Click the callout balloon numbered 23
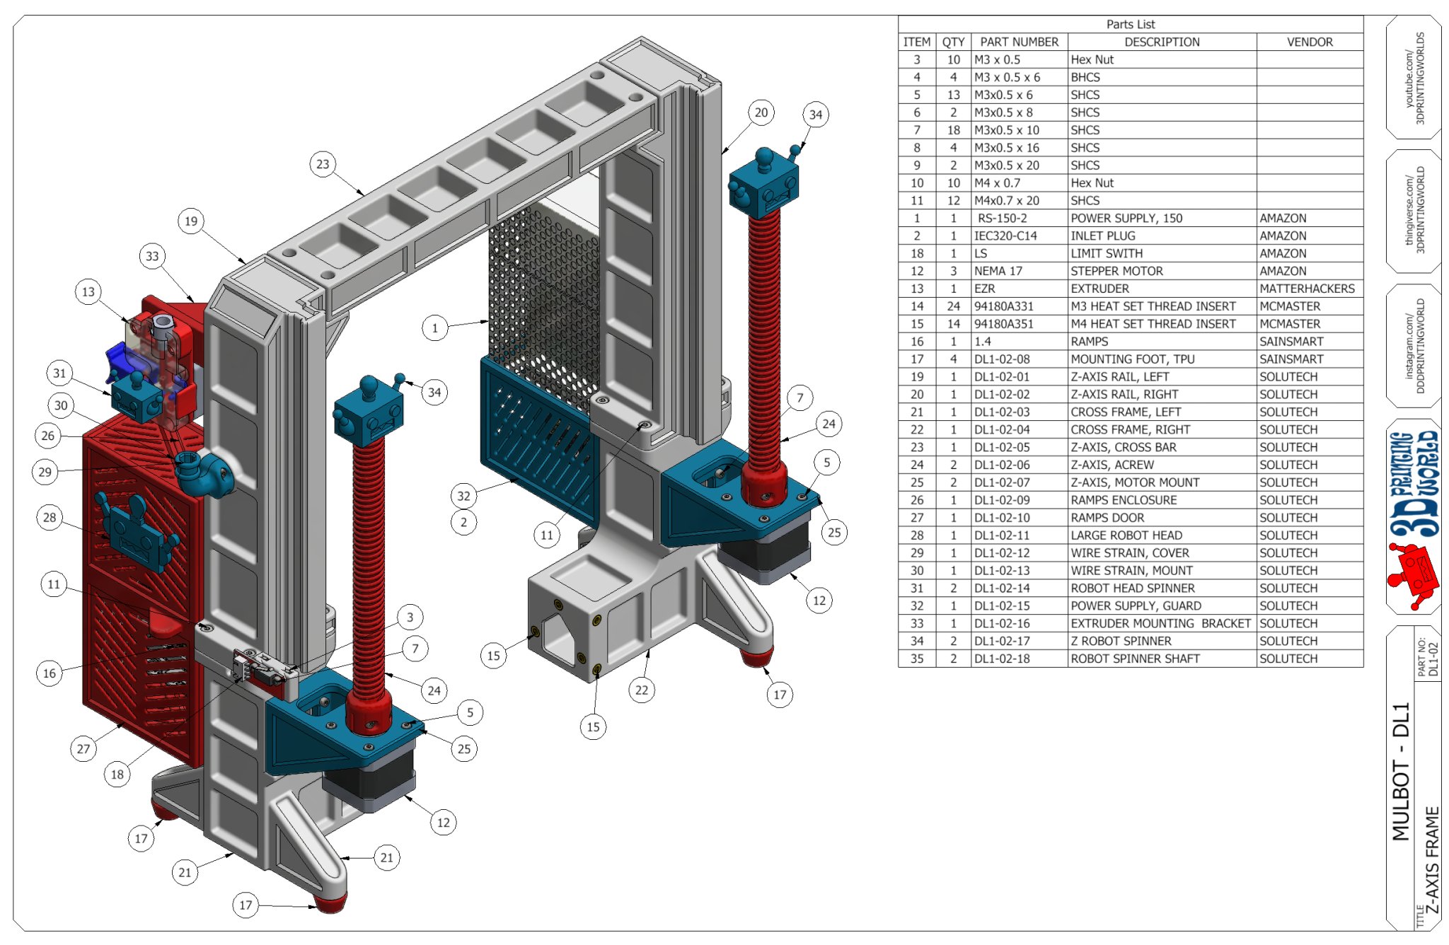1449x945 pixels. [x=323, y=164]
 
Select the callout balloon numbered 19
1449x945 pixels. [x=191, y=221]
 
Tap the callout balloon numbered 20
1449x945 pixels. [x=761, y=112]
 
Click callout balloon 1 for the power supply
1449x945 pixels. [x=434, y=328]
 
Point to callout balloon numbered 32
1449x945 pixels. [x=463, y=496]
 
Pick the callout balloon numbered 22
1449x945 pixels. [x=641, y=690]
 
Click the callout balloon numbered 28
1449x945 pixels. [x=50, y=518]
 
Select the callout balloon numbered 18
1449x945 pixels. [x=117, y=775]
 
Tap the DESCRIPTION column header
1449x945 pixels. [x=1162, y=42]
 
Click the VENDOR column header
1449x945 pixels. [x=1309, y=42]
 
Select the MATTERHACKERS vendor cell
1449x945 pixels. [x=1307, y=289]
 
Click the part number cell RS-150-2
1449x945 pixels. [x=1002, y=218]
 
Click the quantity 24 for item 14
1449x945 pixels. [x=953, y=306]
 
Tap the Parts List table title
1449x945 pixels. [x=1130, y=24]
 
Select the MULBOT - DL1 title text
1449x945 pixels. [x=1401, y=771]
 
